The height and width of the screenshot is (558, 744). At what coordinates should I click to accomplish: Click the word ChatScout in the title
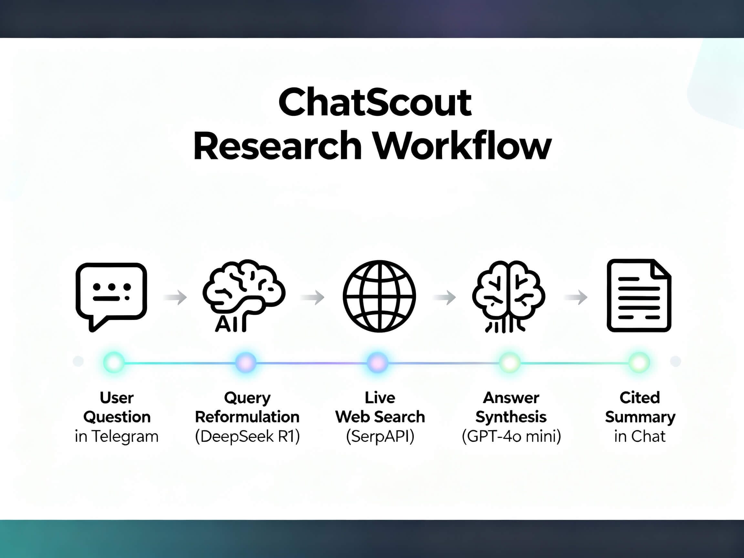[x=375, y=103]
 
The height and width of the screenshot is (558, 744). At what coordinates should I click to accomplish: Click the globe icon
[x=379, y=296]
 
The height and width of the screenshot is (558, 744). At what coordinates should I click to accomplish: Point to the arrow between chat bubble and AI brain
[x=176, y=297]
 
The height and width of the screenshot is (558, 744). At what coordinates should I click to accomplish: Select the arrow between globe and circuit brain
[x=445, y=297]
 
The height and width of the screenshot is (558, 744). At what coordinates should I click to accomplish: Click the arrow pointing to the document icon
[x=576, y=297]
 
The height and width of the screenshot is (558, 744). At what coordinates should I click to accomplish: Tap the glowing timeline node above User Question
[x=114, y=362]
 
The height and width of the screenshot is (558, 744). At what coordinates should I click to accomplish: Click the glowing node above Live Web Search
[x=377, y=362]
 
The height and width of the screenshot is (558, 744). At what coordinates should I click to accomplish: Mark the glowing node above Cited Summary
[x=639, y=362]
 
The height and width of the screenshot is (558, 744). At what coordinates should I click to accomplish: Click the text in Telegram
[x=116, y=436]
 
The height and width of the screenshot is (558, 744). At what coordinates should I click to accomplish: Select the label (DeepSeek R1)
[x=247, y=436]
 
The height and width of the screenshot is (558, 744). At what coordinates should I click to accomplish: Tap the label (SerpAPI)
[x=380, y=436]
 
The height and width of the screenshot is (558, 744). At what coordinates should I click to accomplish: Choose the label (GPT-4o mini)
[x=511, y=436]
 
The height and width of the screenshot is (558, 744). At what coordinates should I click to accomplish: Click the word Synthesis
[x=511, y=417]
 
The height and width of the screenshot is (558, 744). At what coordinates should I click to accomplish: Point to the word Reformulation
[x=247, y=417]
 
